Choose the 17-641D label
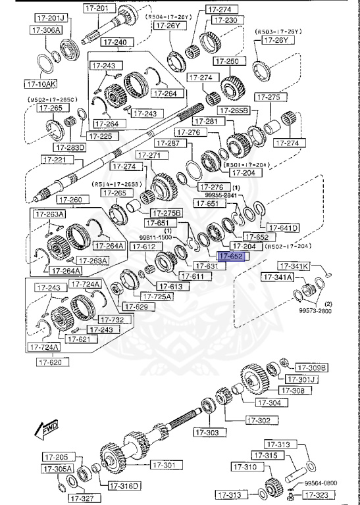click(283, 228)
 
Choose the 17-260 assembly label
click(70, 199)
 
